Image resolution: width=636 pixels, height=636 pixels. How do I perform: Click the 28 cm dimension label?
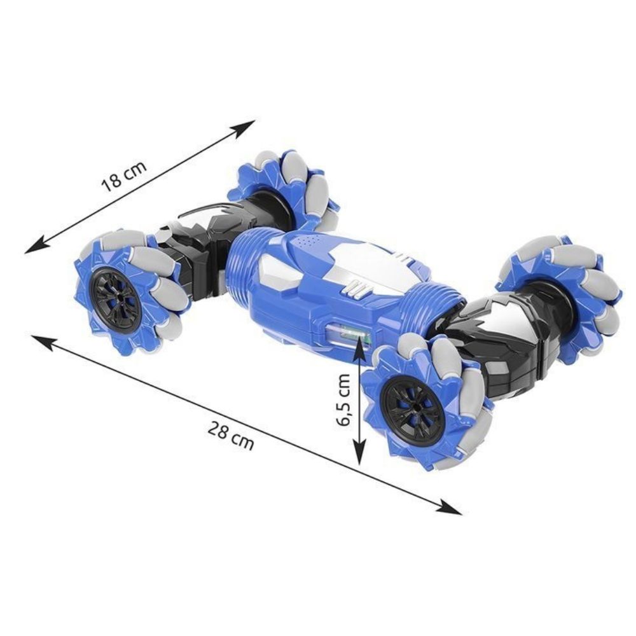pyautogui.click(x=231, y=435)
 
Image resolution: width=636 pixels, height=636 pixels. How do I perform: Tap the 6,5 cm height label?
pyautogui.click(x=343, y=399)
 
